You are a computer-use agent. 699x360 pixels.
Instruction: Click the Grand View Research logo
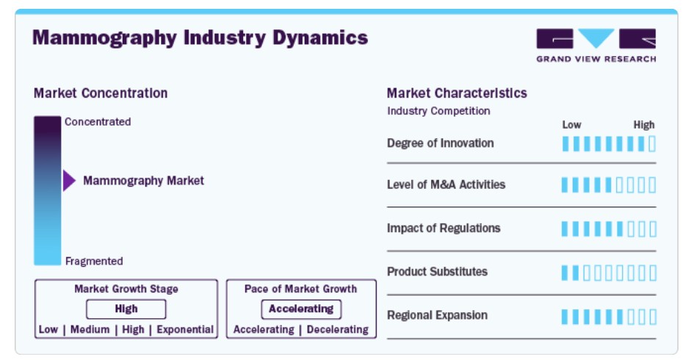(x=596, y=45)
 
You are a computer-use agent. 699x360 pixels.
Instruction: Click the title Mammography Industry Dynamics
(x=200, y=37)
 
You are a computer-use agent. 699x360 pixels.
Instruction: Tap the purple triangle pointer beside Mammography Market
(x=69, y=181)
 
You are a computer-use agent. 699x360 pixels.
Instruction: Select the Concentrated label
(x=98, y=122)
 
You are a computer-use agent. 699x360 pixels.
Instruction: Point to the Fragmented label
(x=94, y=262)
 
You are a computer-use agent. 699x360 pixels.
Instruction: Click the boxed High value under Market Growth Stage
(x=126, y=309)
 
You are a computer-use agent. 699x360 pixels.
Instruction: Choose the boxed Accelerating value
(x=301, y=309)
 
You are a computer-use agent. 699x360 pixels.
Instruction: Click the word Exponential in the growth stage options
(x=185, y=330)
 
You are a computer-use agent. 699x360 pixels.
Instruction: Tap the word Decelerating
(x=338, y=330)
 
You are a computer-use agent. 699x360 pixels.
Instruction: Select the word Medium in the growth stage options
(x=90, y=330)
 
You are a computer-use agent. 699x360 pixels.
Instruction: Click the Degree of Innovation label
(x=441, y=143)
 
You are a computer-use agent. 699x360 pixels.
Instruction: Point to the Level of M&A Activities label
(x=446, y=184)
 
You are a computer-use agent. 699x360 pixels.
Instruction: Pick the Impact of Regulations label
(x=443, y=228)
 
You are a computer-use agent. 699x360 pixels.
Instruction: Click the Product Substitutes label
(x=438, y=272)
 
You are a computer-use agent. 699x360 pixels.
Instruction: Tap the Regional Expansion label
(x=438, y=315)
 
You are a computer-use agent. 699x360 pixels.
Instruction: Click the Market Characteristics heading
(x=457, y=93)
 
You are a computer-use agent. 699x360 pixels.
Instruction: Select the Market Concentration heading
(x=101, y=93)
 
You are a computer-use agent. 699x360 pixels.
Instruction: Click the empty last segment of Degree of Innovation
(x=652, y=144)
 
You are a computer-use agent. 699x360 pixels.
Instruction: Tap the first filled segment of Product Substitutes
(x=565, y=273)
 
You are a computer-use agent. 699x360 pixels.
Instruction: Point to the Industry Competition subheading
(x=438, y=111)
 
